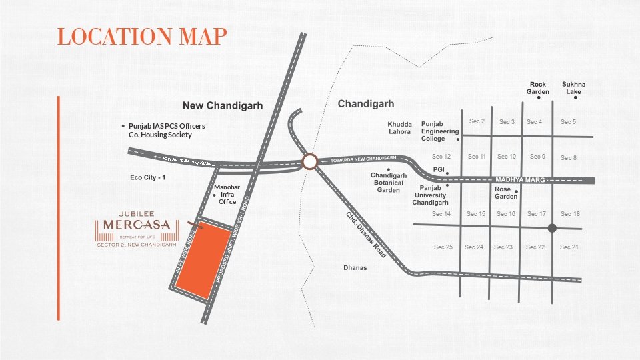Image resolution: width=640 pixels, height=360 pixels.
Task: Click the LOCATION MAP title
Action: [x=142, y=36]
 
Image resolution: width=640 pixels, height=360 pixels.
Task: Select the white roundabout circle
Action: [x=309, y=162]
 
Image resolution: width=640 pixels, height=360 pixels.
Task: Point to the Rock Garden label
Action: [x=537, y=88]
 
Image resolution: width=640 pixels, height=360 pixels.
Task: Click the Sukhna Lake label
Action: [x=573, y=88]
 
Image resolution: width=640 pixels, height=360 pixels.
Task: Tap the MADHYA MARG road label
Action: [x=520, y=181]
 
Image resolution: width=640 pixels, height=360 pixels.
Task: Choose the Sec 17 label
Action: [x=537, y=214]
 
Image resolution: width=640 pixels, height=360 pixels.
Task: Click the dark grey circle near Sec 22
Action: [x=552, y=229]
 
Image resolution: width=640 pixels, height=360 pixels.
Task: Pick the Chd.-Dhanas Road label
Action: [x=366, y=235]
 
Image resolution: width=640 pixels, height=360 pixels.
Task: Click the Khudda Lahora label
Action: [x=399, y=128]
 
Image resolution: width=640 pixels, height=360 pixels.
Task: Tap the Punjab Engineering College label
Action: [x=440, y=131]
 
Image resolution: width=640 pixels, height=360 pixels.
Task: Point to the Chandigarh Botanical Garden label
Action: [x=389, y=183]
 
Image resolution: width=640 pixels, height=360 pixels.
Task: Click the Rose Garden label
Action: [x=506, y=193]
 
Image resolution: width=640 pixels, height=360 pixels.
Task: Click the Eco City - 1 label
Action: [x=147, y=177]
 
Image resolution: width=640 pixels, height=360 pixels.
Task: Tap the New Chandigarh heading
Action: [x=223, y=106]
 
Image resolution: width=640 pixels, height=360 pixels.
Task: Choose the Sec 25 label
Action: [x=443, y=247]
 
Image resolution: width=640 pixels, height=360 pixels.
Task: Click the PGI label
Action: [x=439, y=170]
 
